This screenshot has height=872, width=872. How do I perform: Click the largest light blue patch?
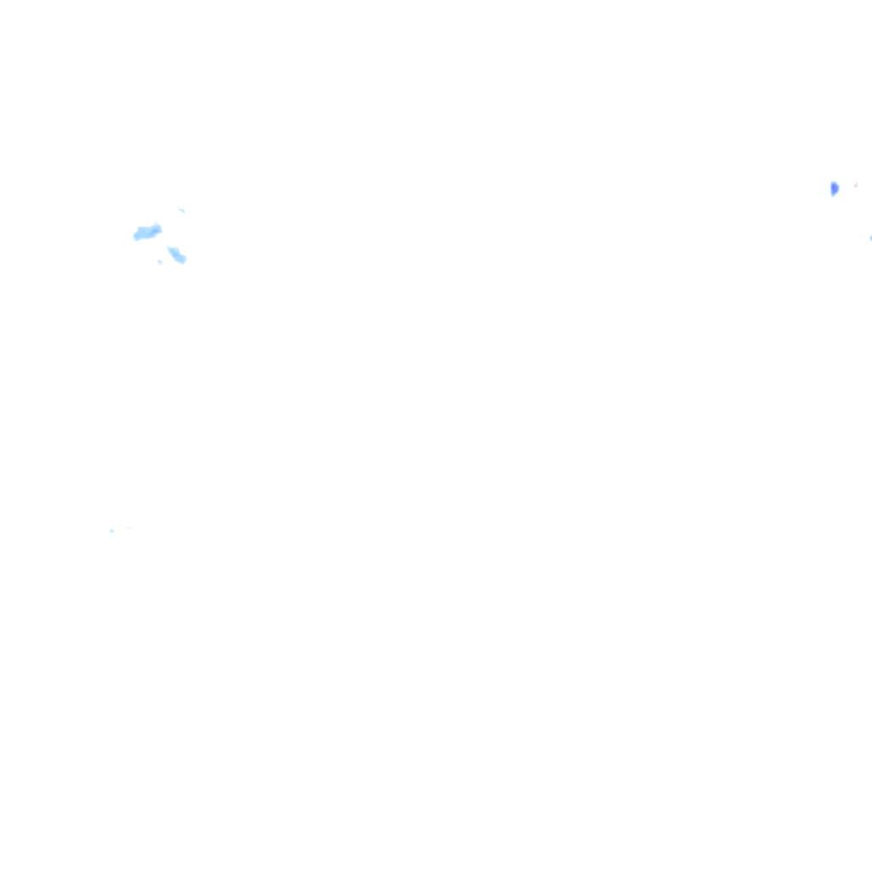pos(146,232)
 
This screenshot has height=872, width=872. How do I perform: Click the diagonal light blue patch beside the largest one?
pos(177,255)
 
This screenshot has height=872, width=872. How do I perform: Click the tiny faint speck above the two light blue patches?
pos(181,209)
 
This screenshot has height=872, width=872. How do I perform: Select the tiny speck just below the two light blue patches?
pos(159,261)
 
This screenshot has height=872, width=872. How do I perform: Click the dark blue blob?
pos(835,188)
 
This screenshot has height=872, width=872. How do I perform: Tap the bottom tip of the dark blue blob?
pos(833,195)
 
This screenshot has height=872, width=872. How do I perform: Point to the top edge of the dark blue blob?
pos(834,182)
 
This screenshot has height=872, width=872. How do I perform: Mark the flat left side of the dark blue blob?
pos(831,188)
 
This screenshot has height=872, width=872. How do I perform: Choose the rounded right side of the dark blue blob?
pos(838,187)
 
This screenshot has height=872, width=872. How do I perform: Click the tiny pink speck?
pos(856,185)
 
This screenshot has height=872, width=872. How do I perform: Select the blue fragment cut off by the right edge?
pos(870,238)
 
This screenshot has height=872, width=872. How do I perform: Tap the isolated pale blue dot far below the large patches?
pos(111,531)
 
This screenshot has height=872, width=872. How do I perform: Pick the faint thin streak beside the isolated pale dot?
pos(126,528)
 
